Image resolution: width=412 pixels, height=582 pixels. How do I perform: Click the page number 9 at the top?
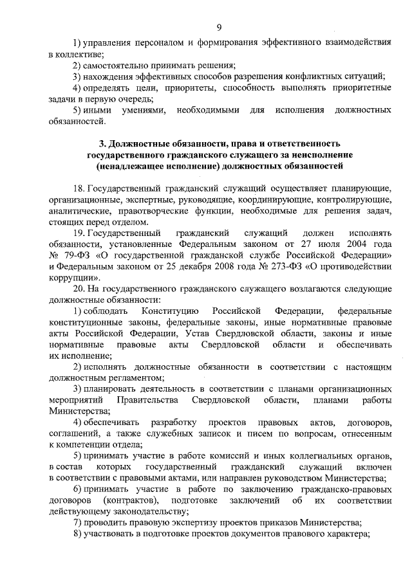[219, 26]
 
